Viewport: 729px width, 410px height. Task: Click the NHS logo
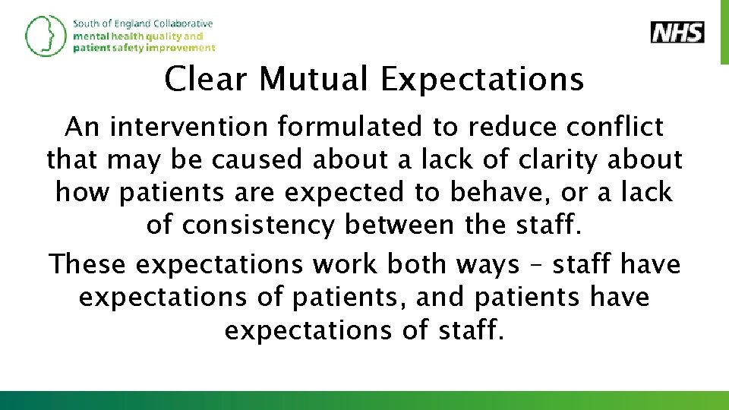click(x=677, y=33)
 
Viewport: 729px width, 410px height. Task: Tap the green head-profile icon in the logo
click(x=46, y=35)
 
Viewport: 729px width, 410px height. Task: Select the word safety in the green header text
click(x=129, y=47)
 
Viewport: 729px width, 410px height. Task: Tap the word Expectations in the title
click(x=483, y=79)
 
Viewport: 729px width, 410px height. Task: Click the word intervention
click(x=188, y=127)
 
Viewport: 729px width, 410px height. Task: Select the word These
click(x=88, y=264)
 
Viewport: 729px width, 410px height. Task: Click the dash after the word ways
click(x=537, y=265)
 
